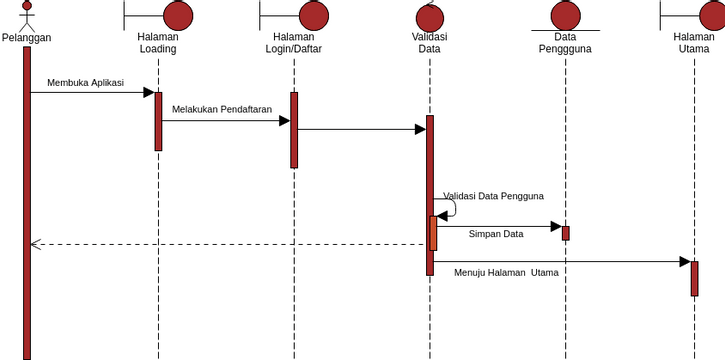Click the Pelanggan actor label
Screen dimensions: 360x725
27,38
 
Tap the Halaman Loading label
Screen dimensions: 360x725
158,43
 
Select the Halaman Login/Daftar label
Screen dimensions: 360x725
294,43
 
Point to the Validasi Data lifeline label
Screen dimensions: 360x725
430,43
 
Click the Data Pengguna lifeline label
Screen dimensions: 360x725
565,43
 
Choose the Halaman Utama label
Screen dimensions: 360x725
694,43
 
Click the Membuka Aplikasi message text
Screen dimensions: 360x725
86,83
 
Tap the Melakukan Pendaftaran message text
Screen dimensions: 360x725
222,109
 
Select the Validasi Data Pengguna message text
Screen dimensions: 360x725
494,196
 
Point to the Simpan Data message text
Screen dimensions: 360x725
496,234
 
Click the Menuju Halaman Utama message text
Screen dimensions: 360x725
506,272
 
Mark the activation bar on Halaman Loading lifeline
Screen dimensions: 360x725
158,121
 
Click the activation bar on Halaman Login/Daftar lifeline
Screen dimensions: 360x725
294,130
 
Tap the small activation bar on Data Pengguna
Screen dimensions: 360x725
565,233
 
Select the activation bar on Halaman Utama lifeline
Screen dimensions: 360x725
694,278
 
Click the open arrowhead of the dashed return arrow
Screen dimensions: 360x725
35,244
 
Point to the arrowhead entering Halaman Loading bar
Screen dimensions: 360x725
149,93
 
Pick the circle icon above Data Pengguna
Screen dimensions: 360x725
565,15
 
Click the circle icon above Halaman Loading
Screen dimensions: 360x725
177,15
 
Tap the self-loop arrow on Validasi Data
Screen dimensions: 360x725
451,207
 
